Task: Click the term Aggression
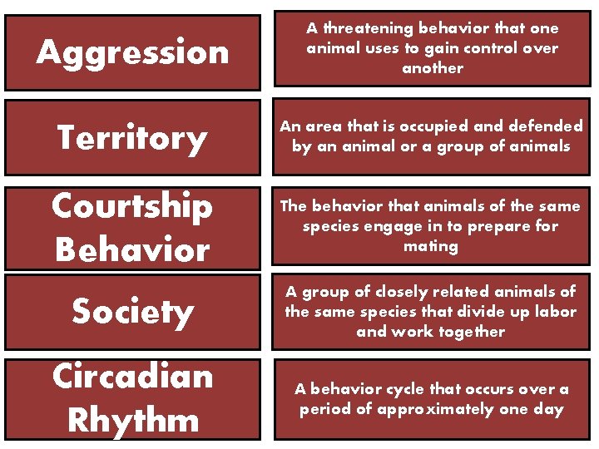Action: [132, 52]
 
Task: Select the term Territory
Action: [132, 138]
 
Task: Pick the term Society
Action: [132, 311]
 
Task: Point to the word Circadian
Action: [132, 376]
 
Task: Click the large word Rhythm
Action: [132, 419]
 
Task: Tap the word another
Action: [432, 68]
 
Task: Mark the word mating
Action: [431, 246]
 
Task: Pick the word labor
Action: [556, 312]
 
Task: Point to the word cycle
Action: [413, 389]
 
